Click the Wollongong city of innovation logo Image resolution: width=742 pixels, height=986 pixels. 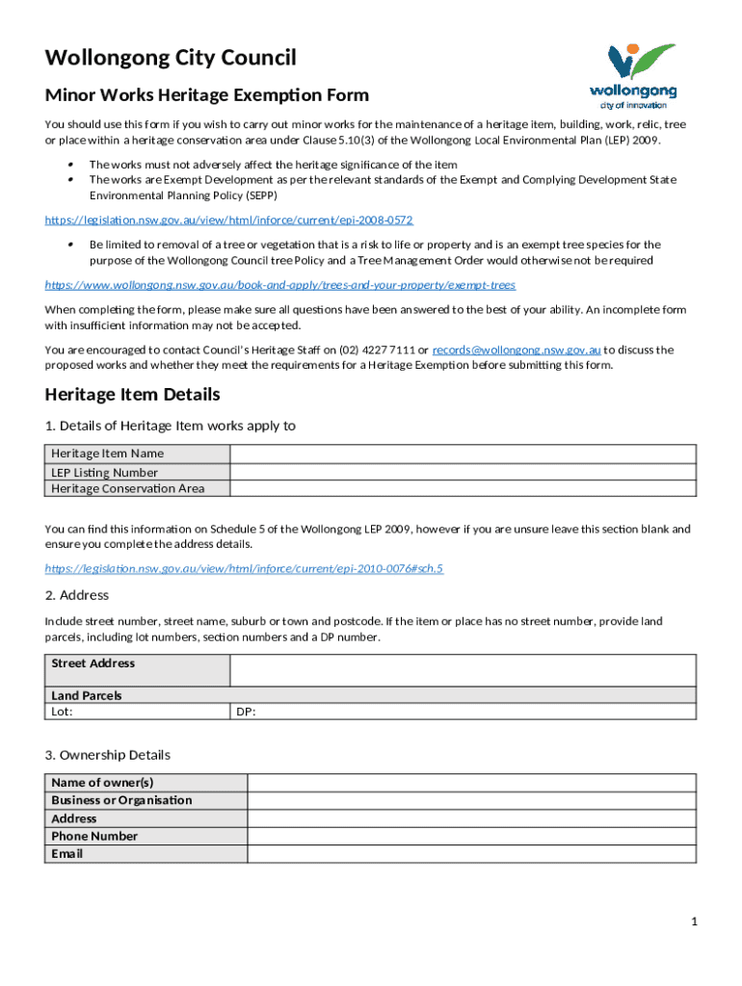tap(633, 75)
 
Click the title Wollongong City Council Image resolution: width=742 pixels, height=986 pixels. tap(171, 58)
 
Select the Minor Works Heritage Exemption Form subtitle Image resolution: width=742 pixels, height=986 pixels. tap(207, 95)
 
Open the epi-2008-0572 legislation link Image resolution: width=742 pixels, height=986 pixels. tap(229, 221)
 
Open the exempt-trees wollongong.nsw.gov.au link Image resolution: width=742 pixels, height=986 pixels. tap(280, 285)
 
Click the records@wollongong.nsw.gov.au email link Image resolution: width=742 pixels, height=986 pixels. tap(517, 350)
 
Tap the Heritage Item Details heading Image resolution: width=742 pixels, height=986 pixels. tap(133, 395)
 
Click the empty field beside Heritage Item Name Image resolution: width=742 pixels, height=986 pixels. tap(463, 454)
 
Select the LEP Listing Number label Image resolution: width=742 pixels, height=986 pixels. tap(105, 473)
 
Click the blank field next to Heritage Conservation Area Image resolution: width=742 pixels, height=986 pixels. tap(463, 488)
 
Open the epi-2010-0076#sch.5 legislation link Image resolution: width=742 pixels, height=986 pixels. tap(244, 568)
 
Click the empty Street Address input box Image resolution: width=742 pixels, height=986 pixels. tap(463, 670)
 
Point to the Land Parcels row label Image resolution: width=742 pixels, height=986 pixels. tap(87, 695)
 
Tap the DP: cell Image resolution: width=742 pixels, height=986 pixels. tap(463, 713)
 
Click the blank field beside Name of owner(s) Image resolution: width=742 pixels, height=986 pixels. tap(471, 782)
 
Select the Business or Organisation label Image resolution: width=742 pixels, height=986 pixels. tap(121, 800)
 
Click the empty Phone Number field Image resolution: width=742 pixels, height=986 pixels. tap(471, 836)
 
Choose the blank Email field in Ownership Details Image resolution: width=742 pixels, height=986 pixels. tap(471, 854)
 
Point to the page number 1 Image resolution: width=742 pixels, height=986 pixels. tap(693, 922)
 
